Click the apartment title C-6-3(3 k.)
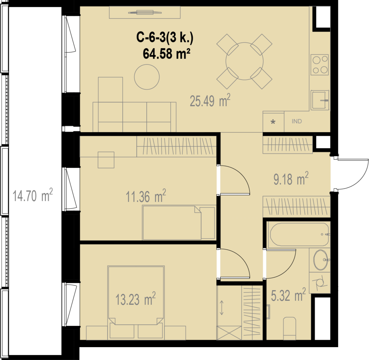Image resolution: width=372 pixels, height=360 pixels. point(165,37)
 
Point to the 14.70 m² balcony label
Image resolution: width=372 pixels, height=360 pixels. point(33,195)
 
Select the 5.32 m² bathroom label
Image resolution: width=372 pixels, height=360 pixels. point(288,295)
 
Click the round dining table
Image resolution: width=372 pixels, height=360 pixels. point(245,61)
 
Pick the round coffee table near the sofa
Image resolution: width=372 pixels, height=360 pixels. point(147,77)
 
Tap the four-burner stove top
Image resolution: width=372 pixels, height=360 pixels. point(320,65)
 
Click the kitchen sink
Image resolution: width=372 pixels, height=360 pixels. point(320,100)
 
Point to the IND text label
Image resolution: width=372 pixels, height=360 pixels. point(297,121)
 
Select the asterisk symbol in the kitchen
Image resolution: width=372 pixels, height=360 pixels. point(273,122)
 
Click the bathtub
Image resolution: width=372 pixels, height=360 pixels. point(299,235)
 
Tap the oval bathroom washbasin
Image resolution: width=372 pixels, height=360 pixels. point(321,260)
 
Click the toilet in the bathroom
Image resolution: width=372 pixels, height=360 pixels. point(289,329)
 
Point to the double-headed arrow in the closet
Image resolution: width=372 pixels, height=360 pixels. point(221,307)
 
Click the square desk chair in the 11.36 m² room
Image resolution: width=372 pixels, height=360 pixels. point(106,160)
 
